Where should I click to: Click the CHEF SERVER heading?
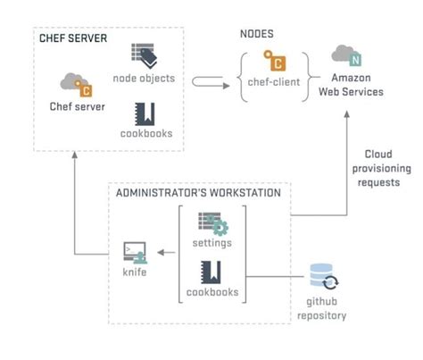(x=73, y=38)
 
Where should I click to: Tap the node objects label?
(x=144, y=78)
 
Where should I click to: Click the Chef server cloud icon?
(x=76, y=84)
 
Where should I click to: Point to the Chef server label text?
(x=77, y=107)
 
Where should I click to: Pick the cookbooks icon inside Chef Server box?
(x=144, y=113)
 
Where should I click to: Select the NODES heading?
(x=257, y=34)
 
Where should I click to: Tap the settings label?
(x=211, y=243)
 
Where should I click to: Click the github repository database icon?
(x=323, y=277)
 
